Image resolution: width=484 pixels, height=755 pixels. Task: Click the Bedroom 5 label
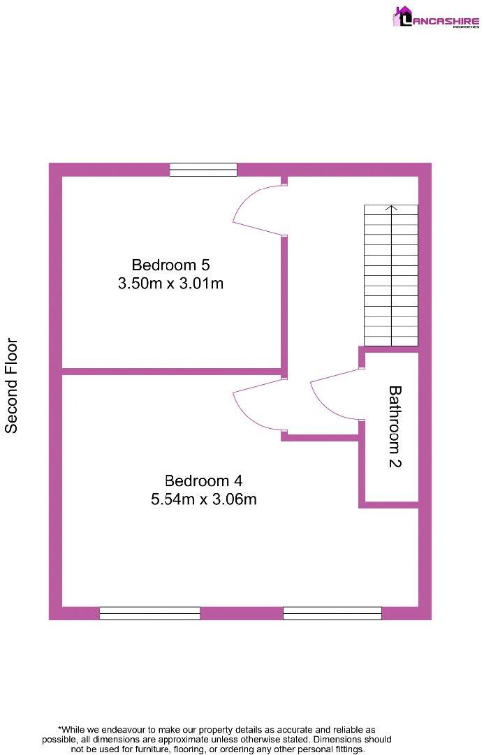170,265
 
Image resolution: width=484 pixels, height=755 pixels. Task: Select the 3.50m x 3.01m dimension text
170,284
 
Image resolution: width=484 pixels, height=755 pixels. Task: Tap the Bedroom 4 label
203,481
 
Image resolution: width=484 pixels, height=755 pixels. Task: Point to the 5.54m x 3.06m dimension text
203,499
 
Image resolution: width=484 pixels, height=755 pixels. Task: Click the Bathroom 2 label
395,426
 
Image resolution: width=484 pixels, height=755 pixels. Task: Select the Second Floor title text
12,386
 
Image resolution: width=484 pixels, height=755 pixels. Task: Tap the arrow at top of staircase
391,208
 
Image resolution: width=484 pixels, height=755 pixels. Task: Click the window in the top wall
203,169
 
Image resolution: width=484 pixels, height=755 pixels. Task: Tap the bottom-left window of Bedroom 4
149,613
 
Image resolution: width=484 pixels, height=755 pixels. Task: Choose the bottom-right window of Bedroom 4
332,613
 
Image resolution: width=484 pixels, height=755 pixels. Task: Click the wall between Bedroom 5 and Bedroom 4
171,371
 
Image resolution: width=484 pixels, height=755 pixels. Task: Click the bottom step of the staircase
391,341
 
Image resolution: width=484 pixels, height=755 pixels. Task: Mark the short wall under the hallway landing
321,438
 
